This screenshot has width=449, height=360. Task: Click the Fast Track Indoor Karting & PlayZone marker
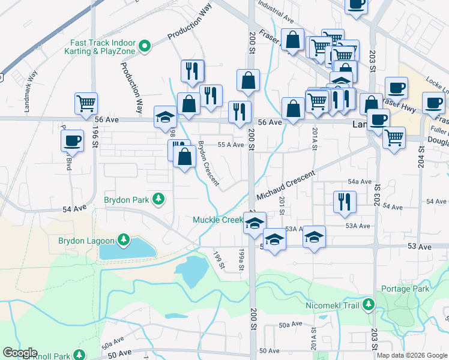144,46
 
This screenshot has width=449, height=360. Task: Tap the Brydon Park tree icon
158,199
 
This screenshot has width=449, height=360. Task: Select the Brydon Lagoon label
86,241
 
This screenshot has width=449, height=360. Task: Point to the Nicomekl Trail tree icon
368,305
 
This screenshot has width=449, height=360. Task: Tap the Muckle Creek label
217,220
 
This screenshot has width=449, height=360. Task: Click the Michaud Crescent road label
285,185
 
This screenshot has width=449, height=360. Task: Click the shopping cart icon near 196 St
86,103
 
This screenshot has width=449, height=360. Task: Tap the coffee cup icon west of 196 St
72,140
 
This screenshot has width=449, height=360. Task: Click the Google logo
20,353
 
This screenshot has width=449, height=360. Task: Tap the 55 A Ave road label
231,145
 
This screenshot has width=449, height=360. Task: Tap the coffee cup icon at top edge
356,4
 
